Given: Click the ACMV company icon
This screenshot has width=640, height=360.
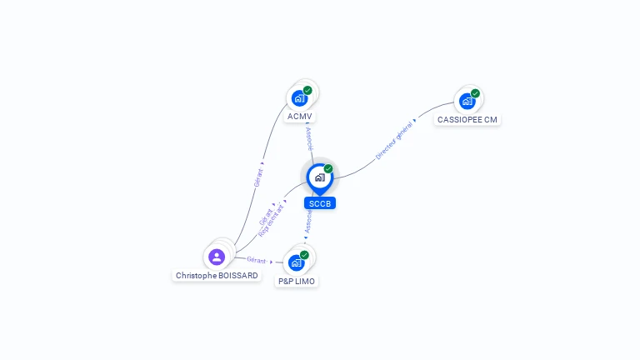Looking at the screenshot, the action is (299, 98).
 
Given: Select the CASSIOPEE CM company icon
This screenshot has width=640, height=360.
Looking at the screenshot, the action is (467, 101).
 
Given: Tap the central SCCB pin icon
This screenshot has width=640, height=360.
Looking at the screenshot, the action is (319, 177).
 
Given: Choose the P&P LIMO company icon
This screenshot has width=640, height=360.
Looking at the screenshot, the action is (296, 262).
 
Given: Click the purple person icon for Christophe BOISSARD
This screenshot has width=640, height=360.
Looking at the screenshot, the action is (217, 257).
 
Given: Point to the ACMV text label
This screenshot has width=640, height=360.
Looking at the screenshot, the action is (300, 117).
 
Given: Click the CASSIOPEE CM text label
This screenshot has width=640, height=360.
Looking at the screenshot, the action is (467, 119).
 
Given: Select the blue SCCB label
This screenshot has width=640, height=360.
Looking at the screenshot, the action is (320, 203).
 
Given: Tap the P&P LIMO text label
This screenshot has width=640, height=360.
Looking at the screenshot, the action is (297, 282).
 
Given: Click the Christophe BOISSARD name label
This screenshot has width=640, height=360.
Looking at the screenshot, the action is (217, 275).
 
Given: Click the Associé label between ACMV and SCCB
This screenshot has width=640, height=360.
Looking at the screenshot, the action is (309, 136).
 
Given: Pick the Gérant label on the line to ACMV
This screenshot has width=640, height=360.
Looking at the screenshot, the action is (259, 177).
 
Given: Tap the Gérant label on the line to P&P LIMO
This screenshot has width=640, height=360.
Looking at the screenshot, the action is (257, 261).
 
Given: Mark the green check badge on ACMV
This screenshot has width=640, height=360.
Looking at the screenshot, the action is (307, 90).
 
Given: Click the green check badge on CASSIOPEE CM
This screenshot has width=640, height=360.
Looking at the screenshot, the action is (475, 93).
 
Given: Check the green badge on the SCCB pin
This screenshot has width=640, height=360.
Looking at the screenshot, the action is (328, 168).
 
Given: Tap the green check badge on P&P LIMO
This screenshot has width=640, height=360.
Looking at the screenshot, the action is (304, 254).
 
